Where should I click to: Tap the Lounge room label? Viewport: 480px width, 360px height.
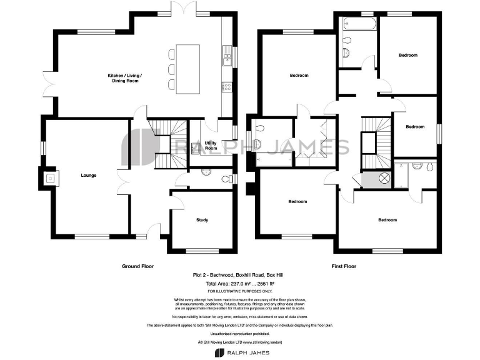(x=88, y=176)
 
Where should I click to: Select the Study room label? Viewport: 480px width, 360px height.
(x=202, y=220)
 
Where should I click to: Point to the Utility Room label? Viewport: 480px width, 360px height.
(x=211, y=146)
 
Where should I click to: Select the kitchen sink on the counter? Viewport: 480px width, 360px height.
(x=226, y=59)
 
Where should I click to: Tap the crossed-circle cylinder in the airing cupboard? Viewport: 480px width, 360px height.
(x=386, y=179)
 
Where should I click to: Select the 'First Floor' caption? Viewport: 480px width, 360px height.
(x=343, y=266)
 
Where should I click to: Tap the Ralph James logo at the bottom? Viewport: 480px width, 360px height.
(x=240, y=352)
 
